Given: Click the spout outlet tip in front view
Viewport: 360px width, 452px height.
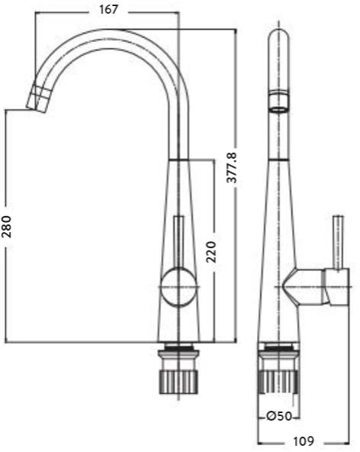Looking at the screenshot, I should pos(40,98).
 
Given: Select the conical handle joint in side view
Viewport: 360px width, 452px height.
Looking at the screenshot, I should pos(302,287).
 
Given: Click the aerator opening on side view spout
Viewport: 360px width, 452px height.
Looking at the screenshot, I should pos(280,102).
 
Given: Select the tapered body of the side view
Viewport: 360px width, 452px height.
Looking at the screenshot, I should pos(280,229).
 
